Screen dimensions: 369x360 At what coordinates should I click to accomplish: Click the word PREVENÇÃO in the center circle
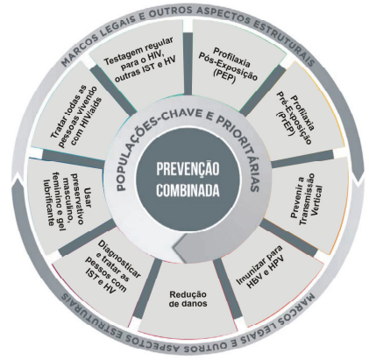point(188,169)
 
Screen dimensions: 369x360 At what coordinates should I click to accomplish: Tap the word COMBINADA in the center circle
point(188,190)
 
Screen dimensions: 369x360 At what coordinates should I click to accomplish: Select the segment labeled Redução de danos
point(188,299)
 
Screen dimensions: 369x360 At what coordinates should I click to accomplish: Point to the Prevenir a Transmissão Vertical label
point(307,199)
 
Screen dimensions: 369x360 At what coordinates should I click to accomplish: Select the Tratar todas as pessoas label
point(76,116)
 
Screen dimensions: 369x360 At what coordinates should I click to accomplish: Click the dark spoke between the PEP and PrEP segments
point(262,90)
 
